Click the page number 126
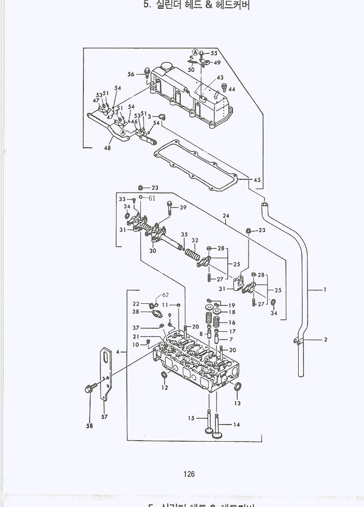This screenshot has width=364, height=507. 188,474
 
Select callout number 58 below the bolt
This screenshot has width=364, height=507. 90,425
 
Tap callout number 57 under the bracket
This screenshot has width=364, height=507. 104,416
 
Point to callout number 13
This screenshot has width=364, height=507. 237,403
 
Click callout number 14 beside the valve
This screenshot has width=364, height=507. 236,425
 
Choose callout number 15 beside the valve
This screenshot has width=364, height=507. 191,418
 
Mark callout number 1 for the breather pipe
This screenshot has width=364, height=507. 325,290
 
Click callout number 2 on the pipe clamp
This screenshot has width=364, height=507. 326,340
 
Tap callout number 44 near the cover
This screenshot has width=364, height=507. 231,89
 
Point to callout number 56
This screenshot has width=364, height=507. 131,74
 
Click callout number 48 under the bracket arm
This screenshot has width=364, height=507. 107,148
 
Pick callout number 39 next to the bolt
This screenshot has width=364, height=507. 183,207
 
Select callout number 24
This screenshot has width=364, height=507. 226,216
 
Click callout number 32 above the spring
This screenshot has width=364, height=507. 195,241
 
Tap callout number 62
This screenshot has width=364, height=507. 166,294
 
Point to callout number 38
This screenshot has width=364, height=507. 136,312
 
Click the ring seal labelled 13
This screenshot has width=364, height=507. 238,387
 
